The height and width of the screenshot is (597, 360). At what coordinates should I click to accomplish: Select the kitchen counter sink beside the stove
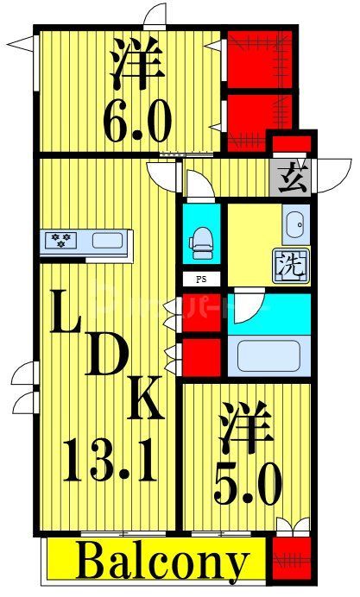[107, 241]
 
